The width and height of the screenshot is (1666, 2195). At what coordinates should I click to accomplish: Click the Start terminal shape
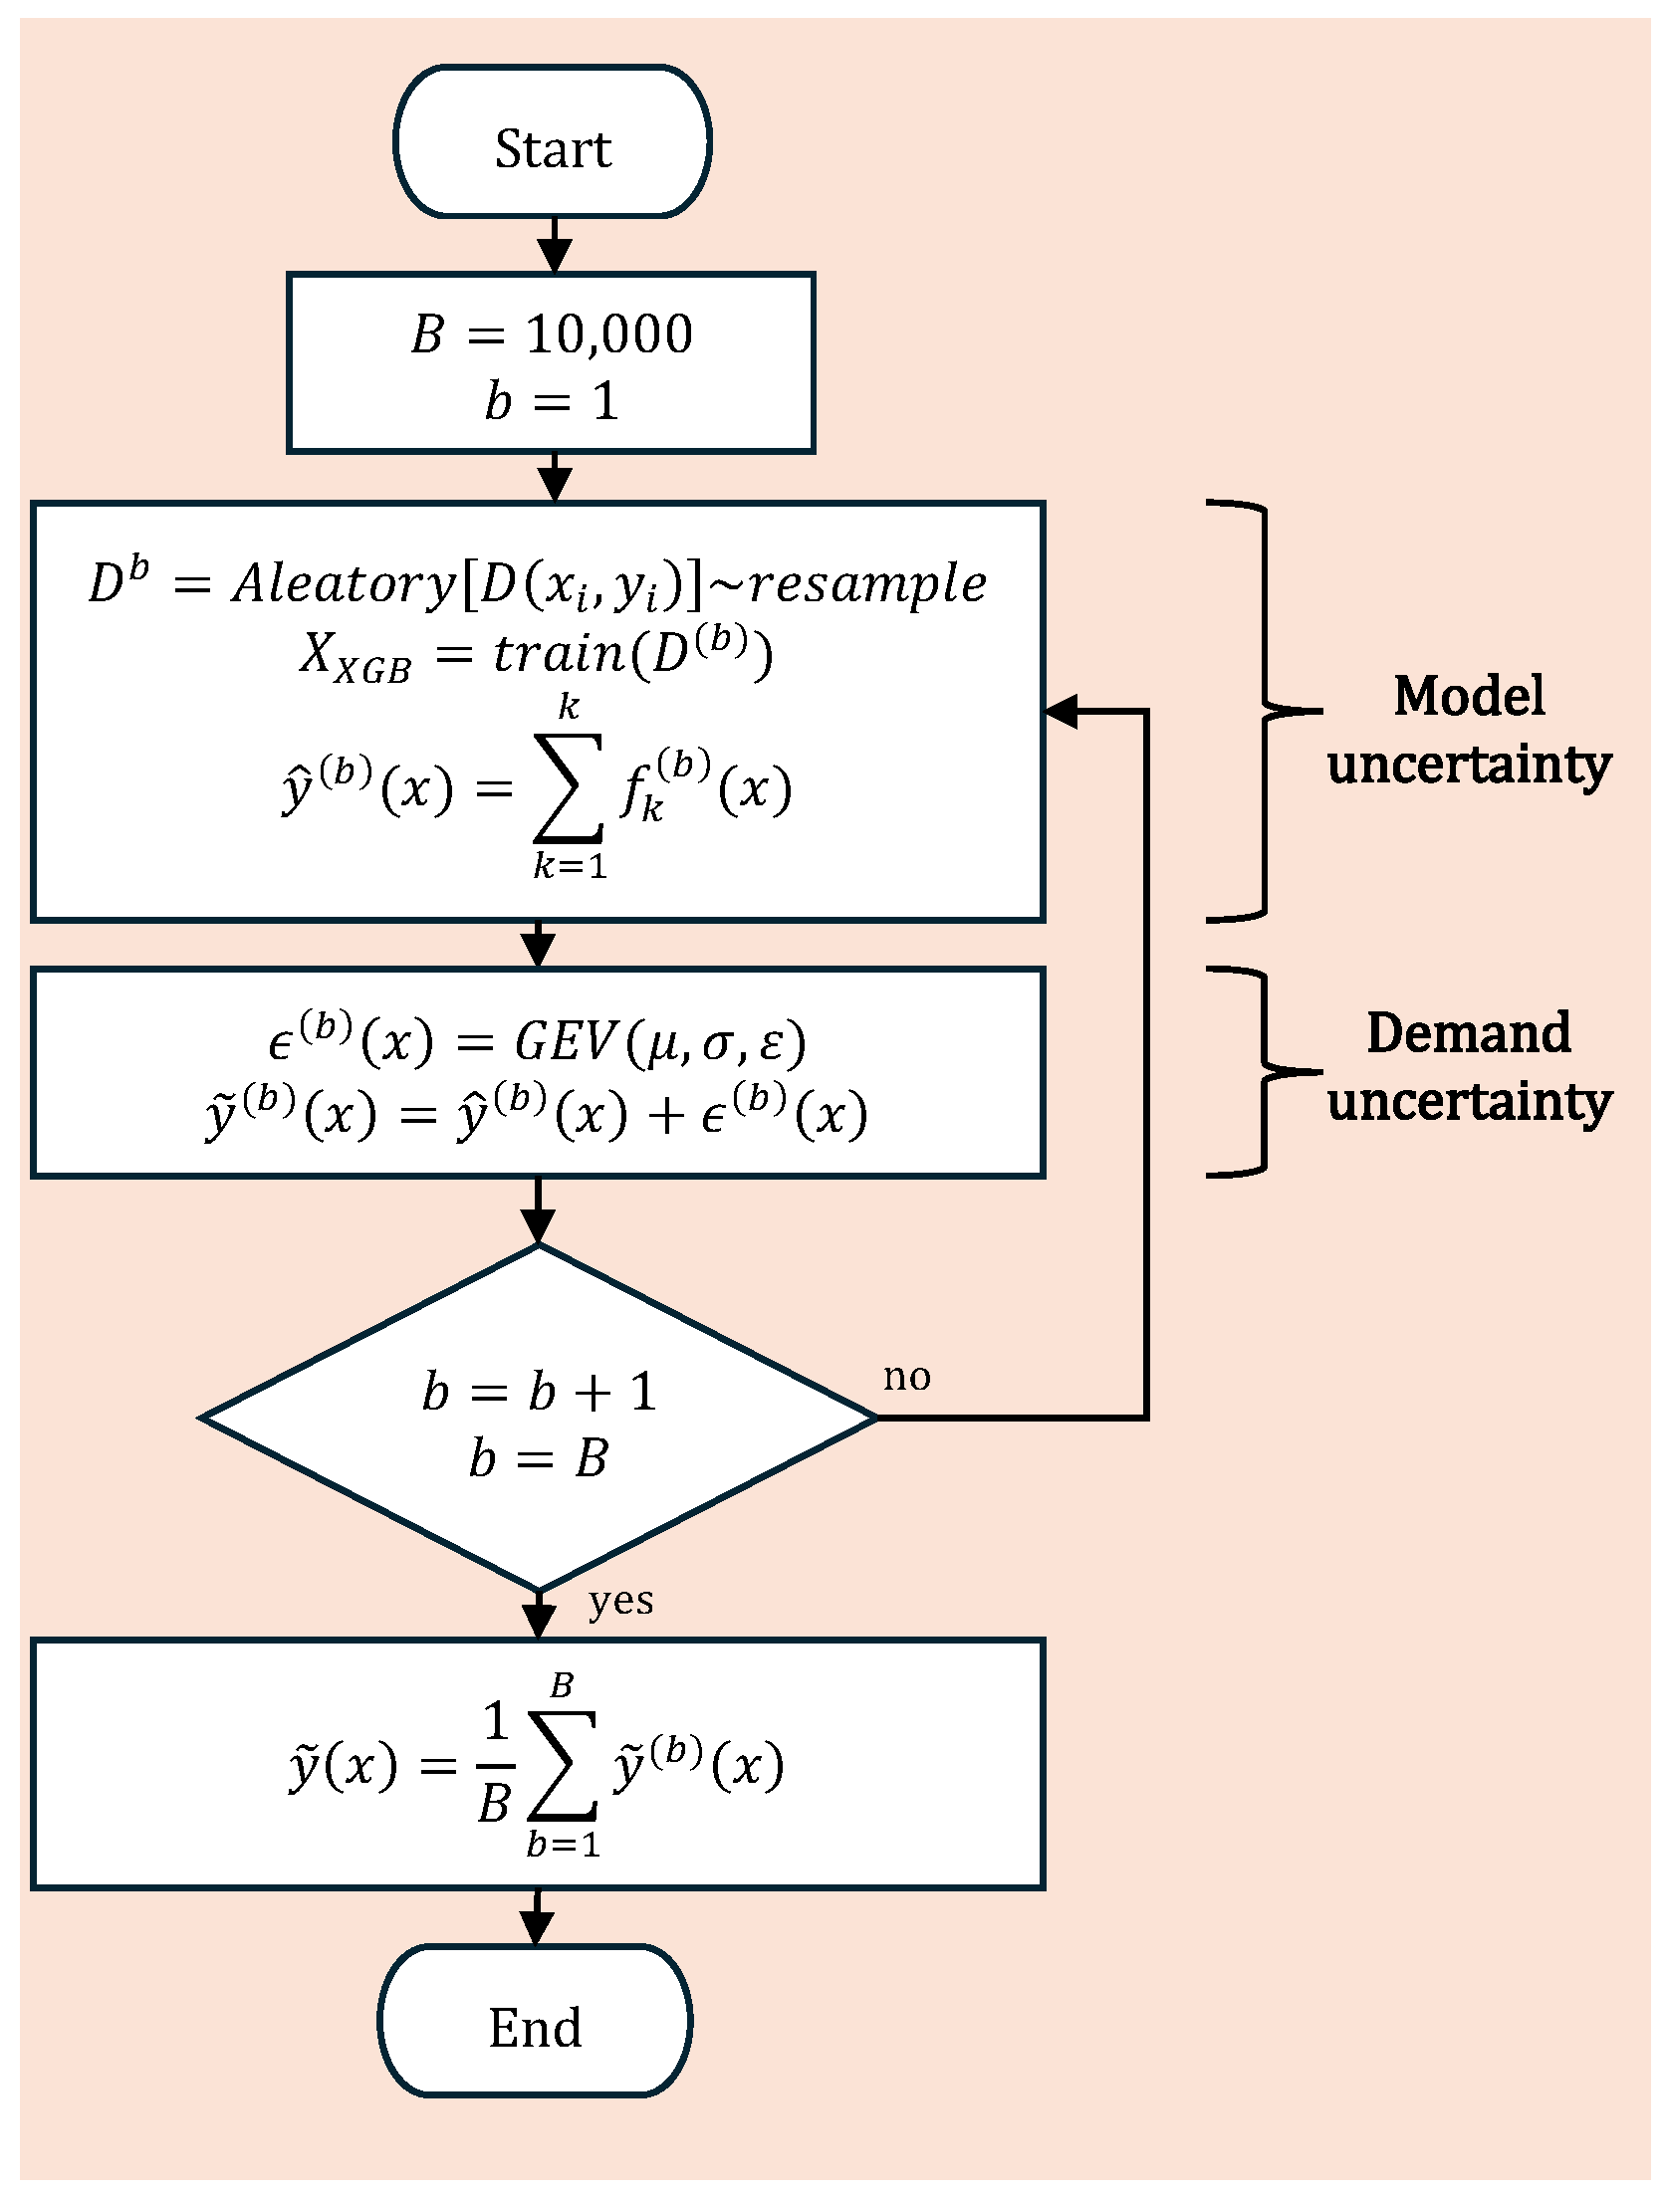[x=552, y=142]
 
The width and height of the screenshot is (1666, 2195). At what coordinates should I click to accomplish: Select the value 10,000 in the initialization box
[x=608, y=333]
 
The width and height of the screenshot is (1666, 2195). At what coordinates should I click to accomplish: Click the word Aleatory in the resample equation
[x=344, y=584]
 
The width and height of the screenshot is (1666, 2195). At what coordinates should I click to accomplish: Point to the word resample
[x=866, y=584]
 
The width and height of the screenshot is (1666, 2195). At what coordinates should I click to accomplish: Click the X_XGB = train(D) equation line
[x=537, y=656]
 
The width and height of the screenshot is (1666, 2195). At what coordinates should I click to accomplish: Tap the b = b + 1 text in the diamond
[x=539, y=1393]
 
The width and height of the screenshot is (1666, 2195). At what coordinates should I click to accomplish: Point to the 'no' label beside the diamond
[x=906, y=1378]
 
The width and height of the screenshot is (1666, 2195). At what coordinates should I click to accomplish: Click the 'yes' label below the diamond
[x=620, y=1601]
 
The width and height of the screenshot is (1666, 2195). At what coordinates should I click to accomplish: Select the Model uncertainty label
[x=1469, y=731]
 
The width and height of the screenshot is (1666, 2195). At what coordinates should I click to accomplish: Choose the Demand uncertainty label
[x=1469, y=1067]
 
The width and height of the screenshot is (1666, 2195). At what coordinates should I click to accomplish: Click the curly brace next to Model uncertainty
[x=1265, y=711]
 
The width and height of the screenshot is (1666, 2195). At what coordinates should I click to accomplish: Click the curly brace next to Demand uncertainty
[x=1265, y=1073]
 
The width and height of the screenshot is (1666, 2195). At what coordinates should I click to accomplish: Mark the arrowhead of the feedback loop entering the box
[x=1062, y=711]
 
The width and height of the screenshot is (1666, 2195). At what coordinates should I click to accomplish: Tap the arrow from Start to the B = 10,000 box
[x=554, y=245]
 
